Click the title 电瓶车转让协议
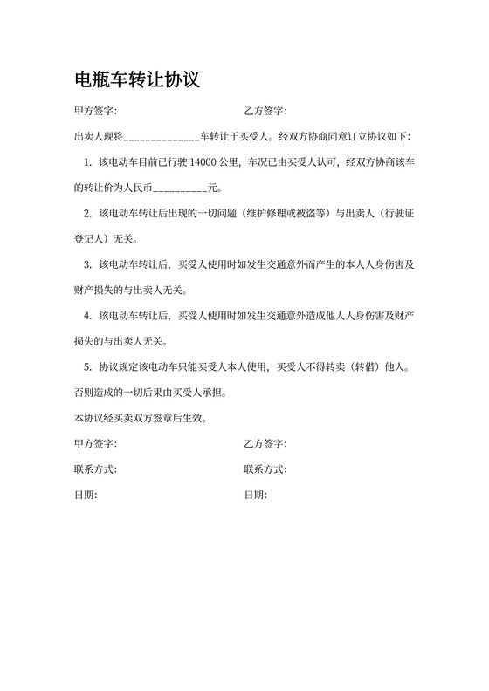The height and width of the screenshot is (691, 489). pyautogui.click(x=138, y=81)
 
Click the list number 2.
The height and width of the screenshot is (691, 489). pyautogui.click(x=87, y=213)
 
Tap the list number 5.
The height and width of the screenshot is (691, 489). pyautogui.click(x=87, y=366)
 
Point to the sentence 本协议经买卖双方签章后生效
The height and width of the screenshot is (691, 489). pyautogui.click(x=141, y=418)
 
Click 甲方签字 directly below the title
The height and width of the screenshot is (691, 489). pyautogui.click(x=95, y=112)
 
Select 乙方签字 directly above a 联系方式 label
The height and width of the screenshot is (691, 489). pyautogui.click(x=265, y=444)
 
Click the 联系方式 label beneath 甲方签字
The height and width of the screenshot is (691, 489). pyautogui.click(x=95, y=469)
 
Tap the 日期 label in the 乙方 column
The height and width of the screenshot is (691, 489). pyautogui.click(x=255, y=495)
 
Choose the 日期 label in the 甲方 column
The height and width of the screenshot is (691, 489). pyautogui.click(x=86, y=495)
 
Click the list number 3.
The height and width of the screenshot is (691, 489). pyautogui.click(x=87, y=264)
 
